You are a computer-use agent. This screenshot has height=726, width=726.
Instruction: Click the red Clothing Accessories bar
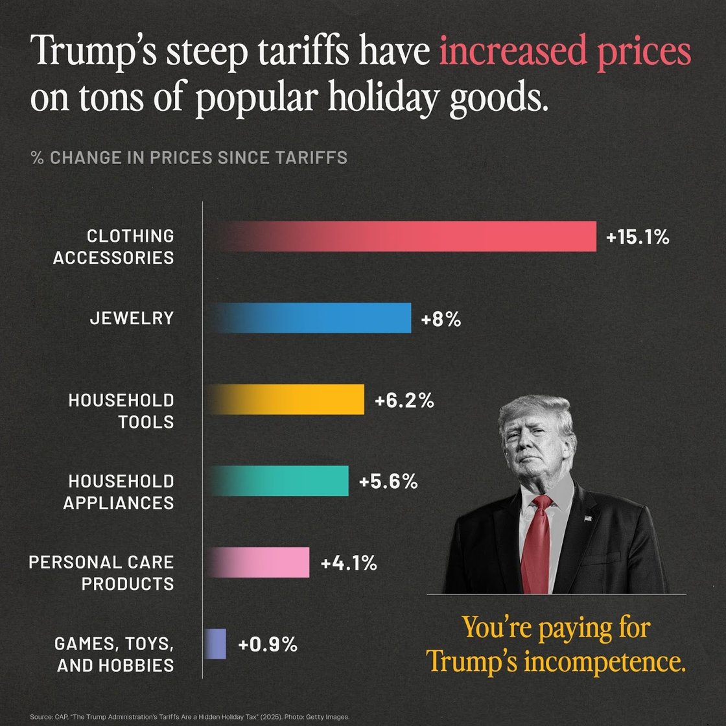coord(402,236)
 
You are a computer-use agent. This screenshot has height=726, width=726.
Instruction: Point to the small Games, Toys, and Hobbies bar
coord(216,644)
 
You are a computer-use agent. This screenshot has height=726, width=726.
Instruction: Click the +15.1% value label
coord(637,237)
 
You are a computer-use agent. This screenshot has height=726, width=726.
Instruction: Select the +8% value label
coord(441,319)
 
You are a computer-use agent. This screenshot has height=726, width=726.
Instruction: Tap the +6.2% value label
coord(404,401)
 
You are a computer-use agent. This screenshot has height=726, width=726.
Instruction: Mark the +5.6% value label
coord(388,482)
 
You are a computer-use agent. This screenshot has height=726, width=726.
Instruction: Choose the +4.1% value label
coord(349,563)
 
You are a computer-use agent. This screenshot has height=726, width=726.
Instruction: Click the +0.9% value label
coord(268,645)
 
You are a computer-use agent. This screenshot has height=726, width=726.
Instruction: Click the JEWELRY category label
coord(132,318)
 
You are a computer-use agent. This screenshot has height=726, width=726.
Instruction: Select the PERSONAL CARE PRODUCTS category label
coord(102,572)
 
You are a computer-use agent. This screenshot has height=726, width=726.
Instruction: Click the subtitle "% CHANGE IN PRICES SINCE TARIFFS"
coord(189,158)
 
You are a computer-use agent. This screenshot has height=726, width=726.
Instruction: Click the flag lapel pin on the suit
coord(587,518)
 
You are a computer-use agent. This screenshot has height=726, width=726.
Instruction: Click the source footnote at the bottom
coord(189,717)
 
